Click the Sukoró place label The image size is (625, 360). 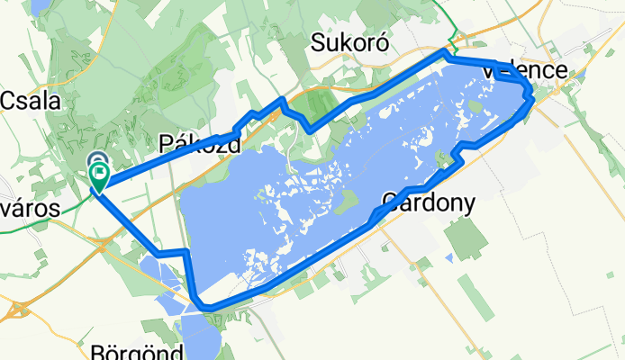tap(349, 42)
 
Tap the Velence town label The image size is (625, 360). tap(524, 70)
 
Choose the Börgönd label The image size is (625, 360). tap(137, 350)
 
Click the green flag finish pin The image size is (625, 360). tap(98, 176)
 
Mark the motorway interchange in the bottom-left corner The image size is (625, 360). tap(15, 310)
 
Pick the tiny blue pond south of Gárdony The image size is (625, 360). tap(448, 258)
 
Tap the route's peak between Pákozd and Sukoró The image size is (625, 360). tap(283, 99)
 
